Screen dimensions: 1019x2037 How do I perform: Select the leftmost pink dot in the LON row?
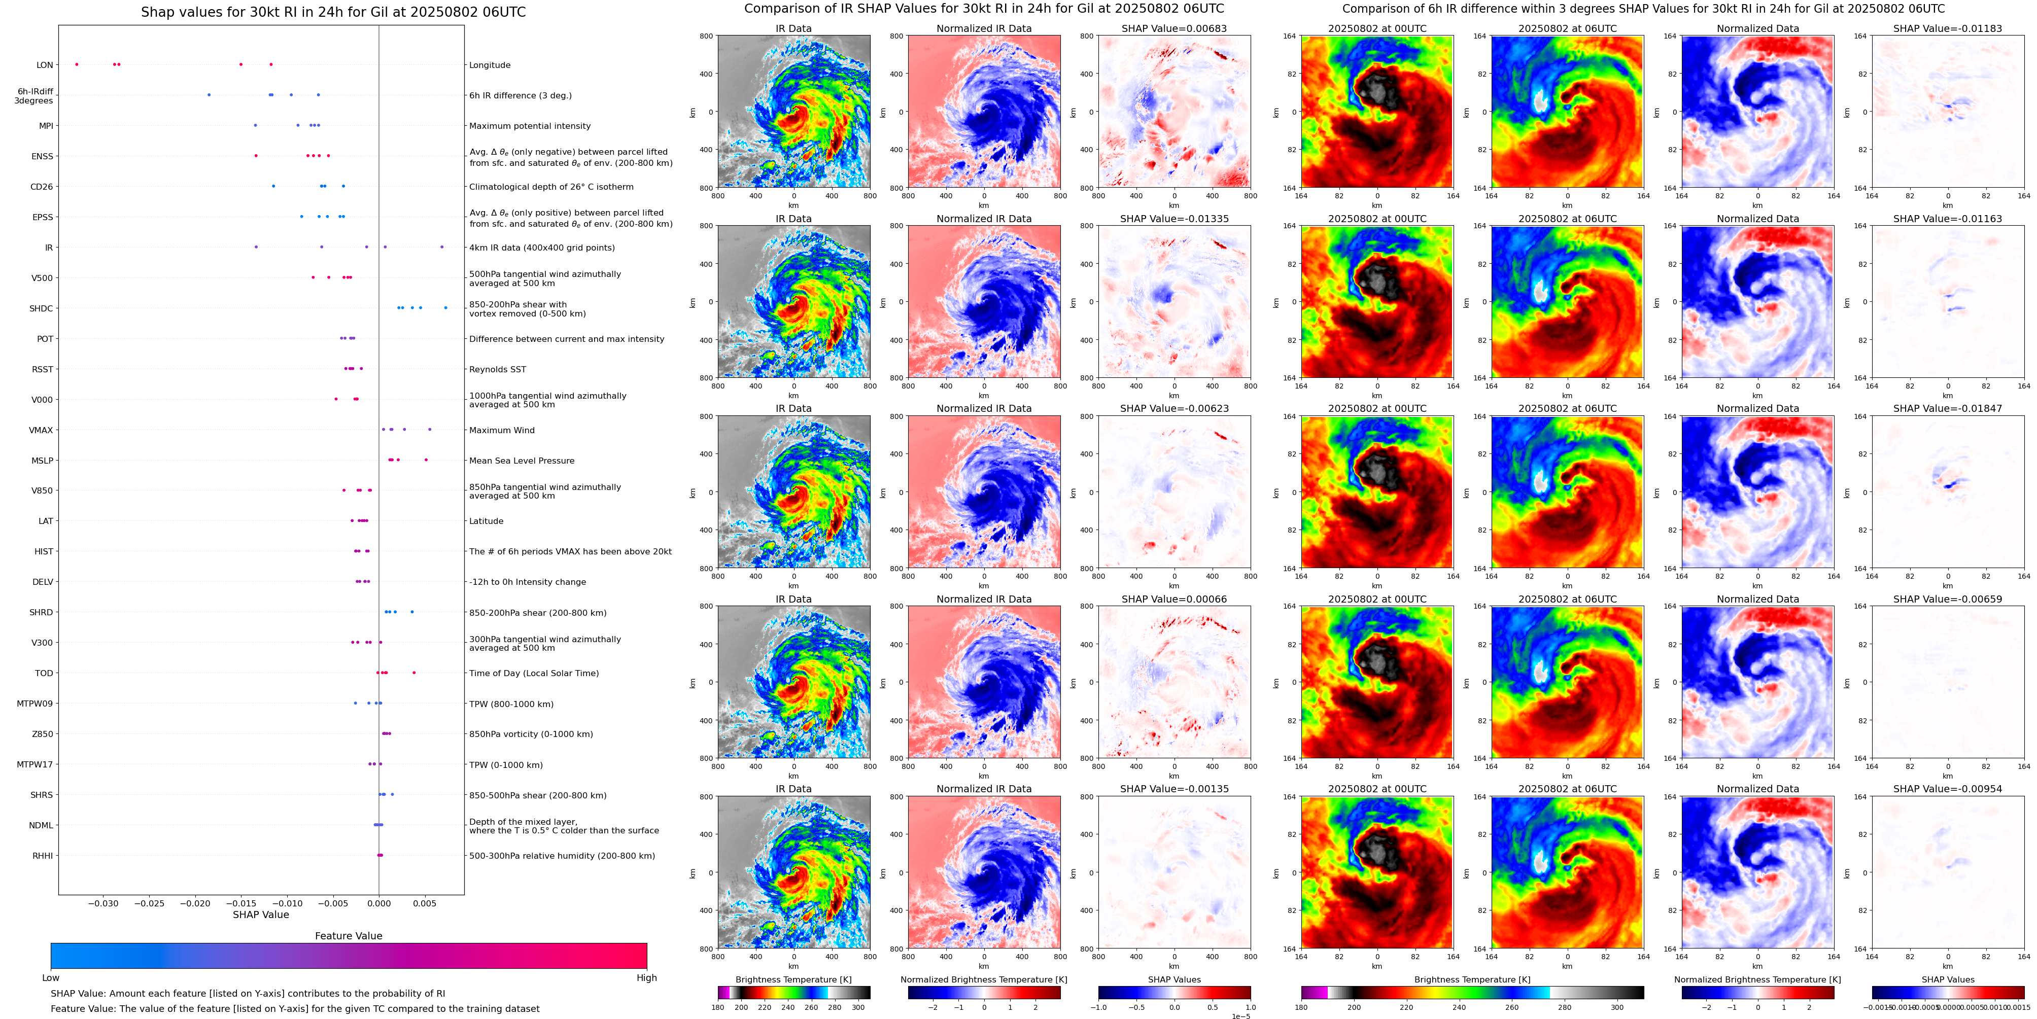click(x=77, y=64)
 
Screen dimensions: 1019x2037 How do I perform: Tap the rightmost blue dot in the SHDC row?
click(x=445, y=307)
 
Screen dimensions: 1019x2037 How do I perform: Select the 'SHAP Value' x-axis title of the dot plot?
click(x=260, y=915)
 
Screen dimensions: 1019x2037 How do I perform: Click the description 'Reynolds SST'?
click(x=497, y=369)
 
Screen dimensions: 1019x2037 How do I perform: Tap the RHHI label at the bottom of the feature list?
click(x=43, y=855)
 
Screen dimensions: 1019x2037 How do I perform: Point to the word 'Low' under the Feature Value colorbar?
click(x=51, y=978)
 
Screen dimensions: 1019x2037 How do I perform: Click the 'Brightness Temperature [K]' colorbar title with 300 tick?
click(x=793, y=979)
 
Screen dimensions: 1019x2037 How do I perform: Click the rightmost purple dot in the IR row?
click(x=442, y=247)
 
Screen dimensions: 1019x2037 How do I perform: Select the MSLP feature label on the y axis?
click(x=42, y=460)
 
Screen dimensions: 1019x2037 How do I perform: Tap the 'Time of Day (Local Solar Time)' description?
click(x=534, y=674)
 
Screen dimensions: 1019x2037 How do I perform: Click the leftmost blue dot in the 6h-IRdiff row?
click(x=209, y=95)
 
